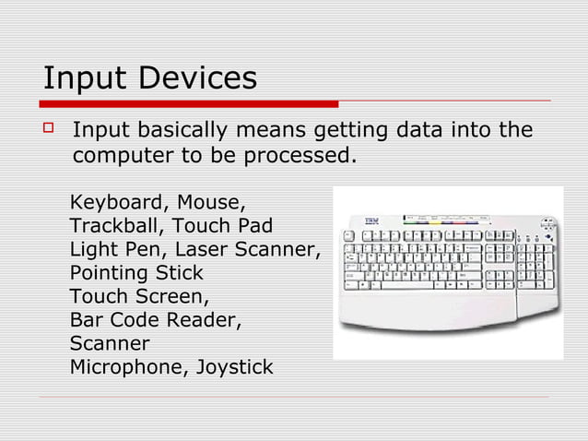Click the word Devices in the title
198,78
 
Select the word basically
189,131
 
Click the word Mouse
211,202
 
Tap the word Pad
253,226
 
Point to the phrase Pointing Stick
136,274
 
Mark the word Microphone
125,369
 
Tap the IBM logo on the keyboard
373,221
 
